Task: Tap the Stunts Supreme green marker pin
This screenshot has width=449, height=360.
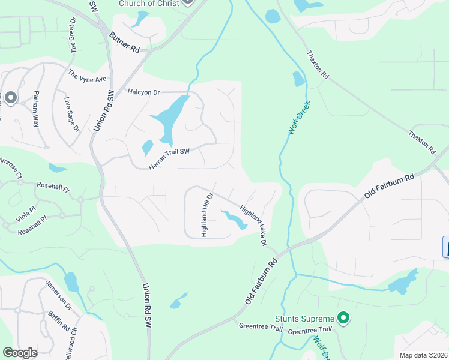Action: coord(343,317)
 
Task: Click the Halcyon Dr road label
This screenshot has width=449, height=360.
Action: coord(144,92)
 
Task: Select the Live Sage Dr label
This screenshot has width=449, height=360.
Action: coord(71,114)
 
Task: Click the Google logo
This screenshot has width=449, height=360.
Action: coord(20,353)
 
